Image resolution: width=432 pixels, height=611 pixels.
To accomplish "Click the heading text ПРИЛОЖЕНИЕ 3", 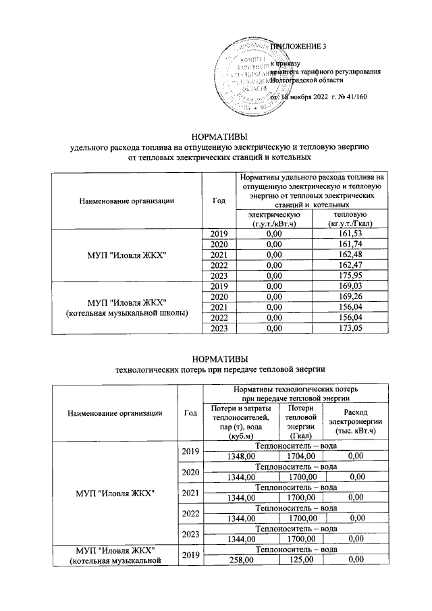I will (298, 47).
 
